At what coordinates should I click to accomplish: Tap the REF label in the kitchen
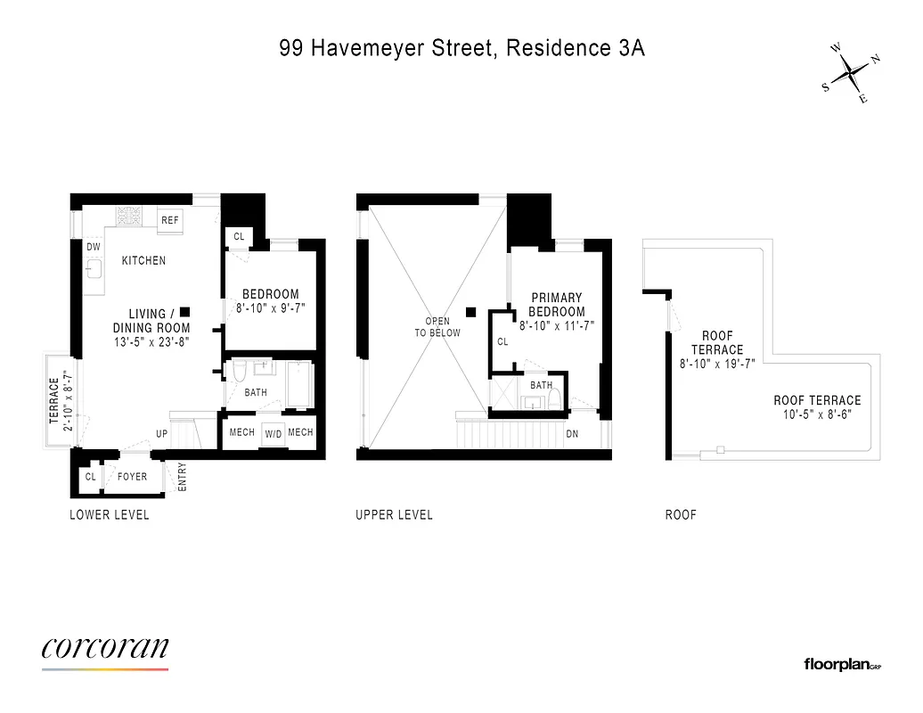click(x=169, y=219)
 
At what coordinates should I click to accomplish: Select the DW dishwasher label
click(x=94, y=247)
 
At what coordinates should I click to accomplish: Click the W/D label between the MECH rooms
click(x=273, y=434)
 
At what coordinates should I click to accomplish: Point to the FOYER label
click(x=132, y=477)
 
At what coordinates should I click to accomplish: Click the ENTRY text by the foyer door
click(x=183, y=476)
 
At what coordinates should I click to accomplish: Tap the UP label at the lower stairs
click(x=162, y=434)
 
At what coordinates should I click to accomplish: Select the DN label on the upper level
click(x=572, y=435)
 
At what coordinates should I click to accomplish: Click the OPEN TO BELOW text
click(x=437, y=327)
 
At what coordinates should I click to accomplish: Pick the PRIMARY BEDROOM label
click(x=557, y=305)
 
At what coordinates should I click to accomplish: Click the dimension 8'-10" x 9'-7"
click(x=271, y=309)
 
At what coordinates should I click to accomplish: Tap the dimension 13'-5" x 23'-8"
click(x=147, y=341)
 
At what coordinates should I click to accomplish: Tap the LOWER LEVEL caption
click(x=110, y=515)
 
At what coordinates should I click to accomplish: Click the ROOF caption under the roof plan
click(x=681, y=515)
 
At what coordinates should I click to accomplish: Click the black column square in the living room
click(x=184, y=311)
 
